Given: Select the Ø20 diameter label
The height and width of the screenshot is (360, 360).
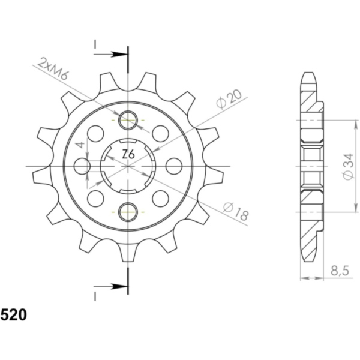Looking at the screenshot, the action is pyautogui.click(x=229, y=98).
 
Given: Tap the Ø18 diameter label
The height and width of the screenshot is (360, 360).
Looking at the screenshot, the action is pyautogui.click(x=236, y=211).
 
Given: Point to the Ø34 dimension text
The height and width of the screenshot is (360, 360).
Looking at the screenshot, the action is pyautogui.click(x=348, y=167).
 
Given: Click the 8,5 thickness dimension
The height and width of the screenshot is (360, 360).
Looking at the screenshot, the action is pyautogui.click(x=340, y=271).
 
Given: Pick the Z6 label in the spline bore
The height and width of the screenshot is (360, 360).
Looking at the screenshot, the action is pyautogui.click(x=128, y=155).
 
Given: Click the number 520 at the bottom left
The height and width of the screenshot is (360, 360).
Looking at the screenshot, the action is pyautogui.click(x=14, y=315).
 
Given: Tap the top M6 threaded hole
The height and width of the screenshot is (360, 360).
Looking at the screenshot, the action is pyautogui.click(x=128, y=120).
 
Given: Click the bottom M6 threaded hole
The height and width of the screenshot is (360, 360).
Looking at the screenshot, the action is pyautogui.click(x=128, y=212).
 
